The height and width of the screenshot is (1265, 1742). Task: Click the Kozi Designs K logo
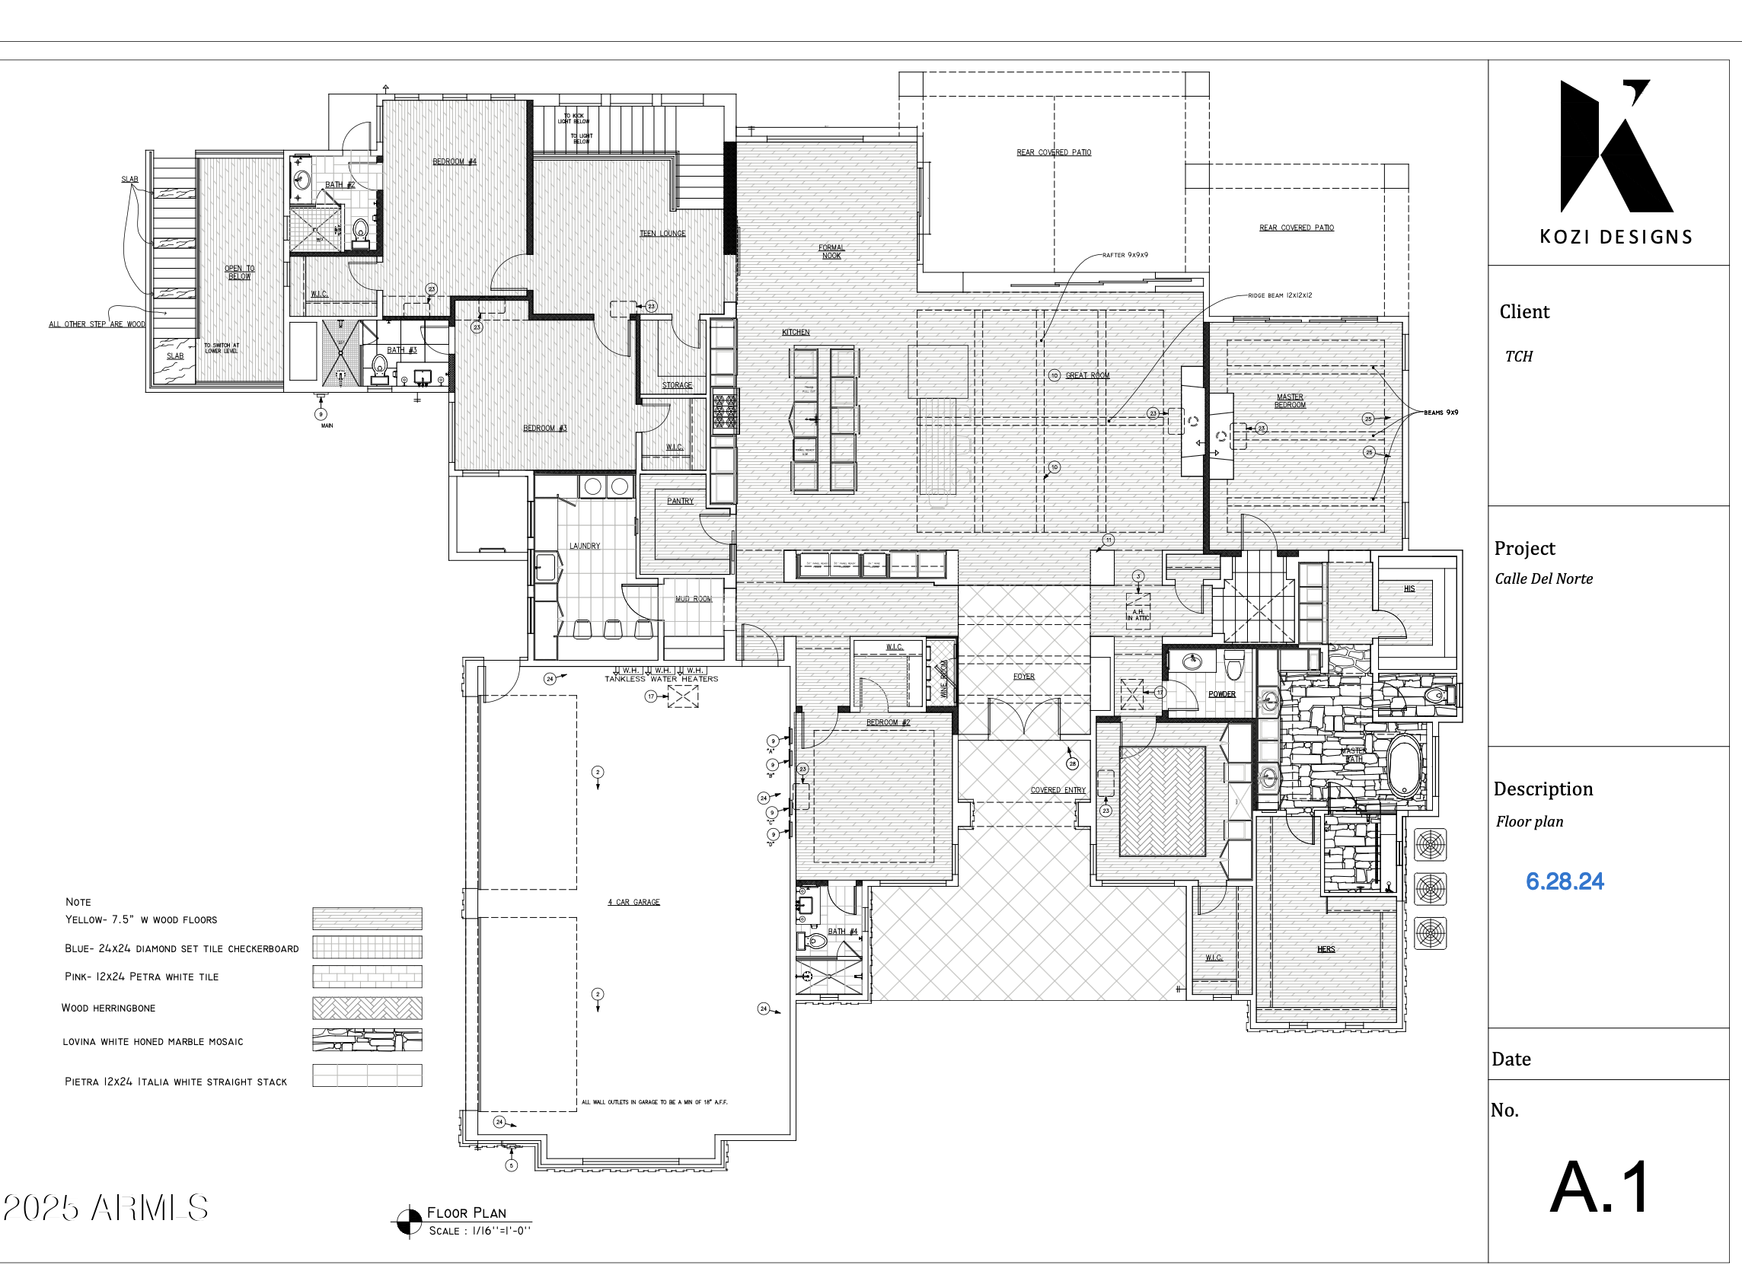pos(1613,146)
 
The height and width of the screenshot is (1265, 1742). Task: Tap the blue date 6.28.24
pos(1564,881)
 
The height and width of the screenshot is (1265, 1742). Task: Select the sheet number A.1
pos(1599,1187)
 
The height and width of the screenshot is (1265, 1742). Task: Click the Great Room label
pos(1086,375)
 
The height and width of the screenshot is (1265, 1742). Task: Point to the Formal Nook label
pos(831,252)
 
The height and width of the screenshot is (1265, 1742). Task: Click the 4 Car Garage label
pos(633,902)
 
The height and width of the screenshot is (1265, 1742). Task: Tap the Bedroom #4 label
pos(454,161)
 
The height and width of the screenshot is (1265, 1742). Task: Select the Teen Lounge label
pos(662,234)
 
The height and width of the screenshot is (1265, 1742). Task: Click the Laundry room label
pos(585,546)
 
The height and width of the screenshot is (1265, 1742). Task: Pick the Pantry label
pos(680,501)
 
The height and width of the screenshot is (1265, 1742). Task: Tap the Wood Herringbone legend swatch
pos(366,1008)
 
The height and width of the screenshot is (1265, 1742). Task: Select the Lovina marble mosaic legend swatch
pos(366,1040)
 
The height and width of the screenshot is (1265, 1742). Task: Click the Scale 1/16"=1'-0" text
pos(478,1231)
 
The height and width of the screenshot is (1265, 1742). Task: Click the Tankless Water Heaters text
pos(662,679)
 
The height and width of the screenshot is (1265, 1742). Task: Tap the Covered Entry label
pos(1058,789)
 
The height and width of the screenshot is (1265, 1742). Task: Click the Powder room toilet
pos(1233,665)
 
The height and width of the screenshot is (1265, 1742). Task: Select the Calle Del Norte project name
pos(1543,579)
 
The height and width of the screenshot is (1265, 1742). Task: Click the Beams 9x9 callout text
pos(1441,413)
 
